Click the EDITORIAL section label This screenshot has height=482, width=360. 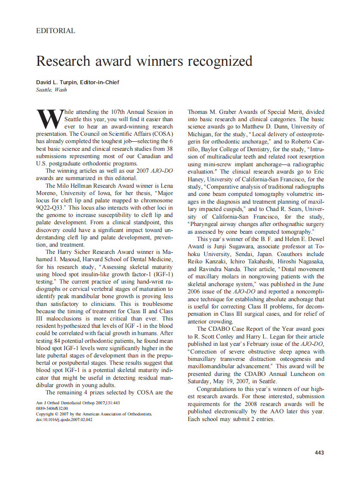56,31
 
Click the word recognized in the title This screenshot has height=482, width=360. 220,61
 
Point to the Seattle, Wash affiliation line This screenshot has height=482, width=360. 52,90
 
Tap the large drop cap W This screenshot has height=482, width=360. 49,118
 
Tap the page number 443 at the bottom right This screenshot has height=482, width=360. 319,453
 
